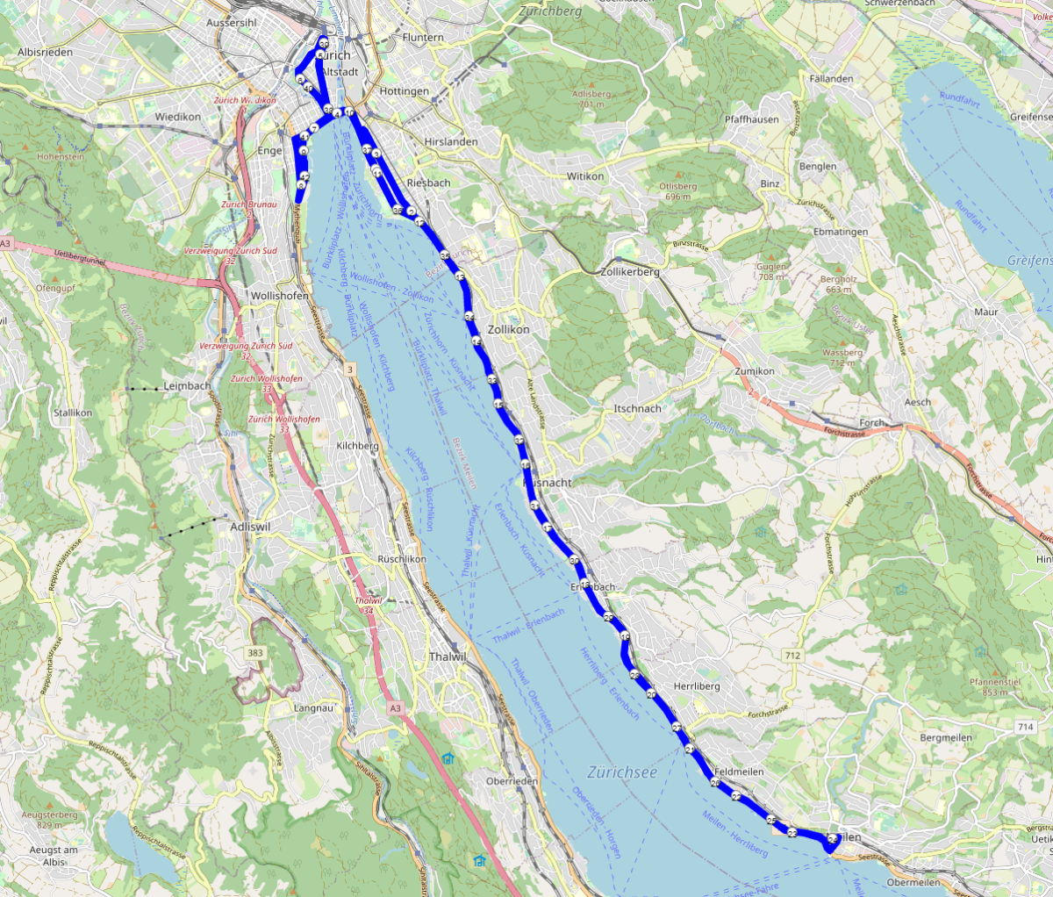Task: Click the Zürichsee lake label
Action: click(622, 772)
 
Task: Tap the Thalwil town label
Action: click(448, 657)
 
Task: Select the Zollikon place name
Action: click(509, 329)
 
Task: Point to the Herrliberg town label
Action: click(697, 685)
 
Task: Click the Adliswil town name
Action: click(250, 527)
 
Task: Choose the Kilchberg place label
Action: click(358, 446)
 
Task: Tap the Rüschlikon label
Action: click(402, 558)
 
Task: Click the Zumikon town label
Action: click(755, 371)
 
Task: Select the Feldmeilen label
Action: click(739, 771)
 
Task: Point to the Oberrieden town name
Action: click(512, 781)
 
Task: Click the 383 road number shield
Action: click(255, 653)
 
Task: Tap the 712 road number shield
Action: click(793, 656)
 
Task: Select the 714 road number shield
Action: click(1025, 727)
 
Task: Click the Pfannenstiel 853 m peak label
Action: click(995, 686)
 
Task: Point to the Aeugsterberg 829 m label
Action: click(49, 820)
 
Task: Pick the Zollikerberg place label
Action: click(630, 272)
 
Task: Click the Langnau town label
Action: click(314, 707)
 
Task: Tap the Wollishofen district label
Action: click(279, 296)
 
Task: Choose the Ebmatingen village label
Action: click(841, 232)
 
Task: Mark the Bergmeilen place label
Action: click(946, 738)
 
